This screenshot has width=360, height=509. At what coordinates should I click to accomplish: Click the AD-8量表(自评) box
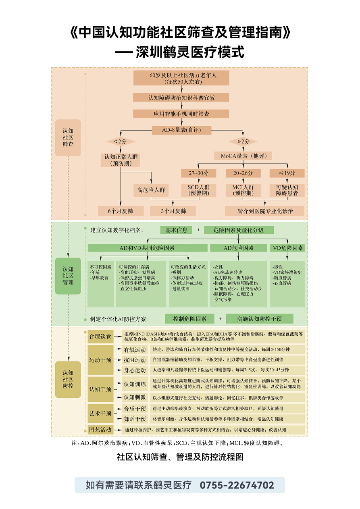tap(181, 130)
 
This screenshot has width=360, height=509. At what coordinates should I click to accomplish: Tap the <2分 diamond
tap(120, 141)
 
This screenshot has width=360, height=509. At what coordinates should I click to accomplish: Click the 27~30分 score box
tap(199, 173)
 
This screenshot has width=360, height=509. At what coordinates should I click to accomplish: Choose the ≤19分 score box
tap(287, 173)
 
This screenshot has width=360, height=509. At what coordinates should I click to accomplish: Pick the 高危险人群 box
tap(151, 190)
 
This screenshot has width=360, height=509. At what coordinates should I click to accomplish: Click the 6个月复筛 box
tap(120, 211)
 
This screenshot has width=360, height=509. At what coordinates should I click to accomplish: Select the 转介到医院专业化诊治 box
tap(265, 211)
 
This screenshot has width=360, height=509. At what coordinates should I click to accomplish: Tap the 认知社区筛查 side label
tap(68, 137)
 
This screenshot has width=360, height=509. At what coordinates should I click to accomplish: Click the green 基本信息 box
tap(176, 230)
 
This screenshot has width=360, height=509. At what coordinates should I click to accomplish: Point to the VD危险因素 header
tap(288, 248)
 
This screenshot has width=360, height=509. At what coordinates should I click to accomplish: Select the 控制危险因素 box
tap(189, 319)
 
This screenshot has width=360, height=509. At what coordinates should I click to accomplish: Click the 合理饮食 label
tap(100, 336)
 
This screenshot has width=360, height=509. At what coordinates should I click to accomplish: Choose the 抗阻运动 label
tap(135, 360)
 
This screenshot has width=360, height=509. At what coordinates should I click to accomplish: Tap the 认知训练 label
tap(135, 384)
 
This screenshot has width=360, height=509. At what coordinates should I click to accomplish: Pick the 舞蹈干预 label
tap(135, 419)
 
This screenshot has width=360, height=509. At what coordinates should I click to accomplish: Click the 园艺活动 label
tap(100, 430)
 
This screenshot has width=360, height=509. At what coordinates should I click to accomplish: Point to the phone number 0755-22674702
tap(237, 485)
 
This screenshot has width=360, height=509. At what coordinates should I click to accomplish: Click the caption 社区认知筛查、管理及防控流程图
tap(180, 457)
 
